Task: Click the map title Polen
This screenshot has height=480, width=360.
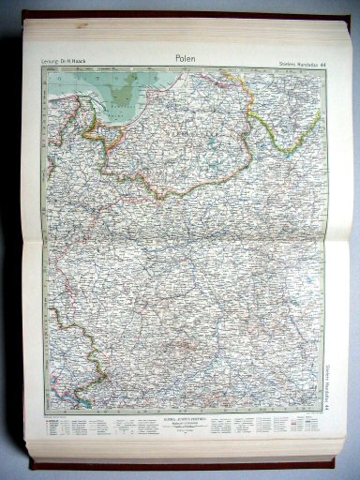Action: (186, 59)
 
